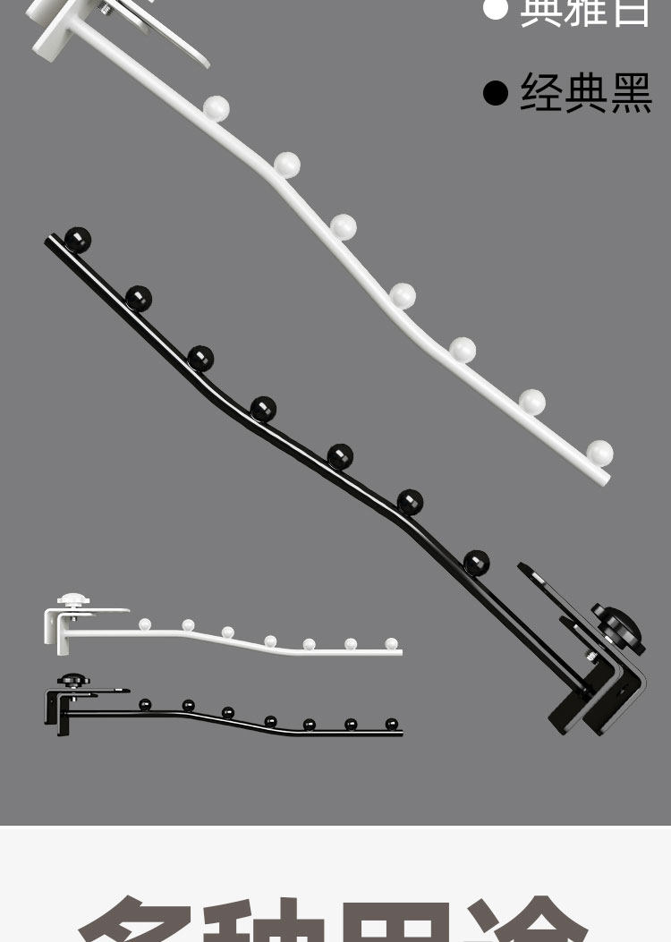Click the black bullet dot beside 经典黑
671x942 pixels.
click(x=495, y=92)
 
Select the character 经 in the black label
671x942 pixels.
click(x=542, y=92)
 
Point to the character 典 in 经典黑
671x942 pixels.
click(x=586, y=92)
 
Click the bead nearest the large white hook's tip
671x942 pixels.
click(x=599, y=453)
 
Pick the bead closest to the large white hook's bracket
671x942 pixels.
click(x=216, y=109)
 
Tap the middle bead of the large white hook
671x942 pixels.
click(x=402, y=294)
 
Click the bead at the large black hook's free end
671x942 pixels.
click(x=78, y=239)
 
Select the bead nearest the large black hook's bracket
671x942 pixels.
click(x=477, y=563)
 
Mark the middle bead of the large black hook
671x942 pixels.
click(x=263, y=408)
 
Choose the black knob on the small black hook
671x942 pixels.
click(x=72, y=682)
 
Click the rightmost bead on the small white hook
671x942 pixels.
click(x=391, y=643)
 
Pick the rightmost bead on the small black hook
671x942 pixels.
click(x=391, y=724)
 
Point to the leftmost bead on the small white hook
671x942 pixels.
click(x=145, y=624)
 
